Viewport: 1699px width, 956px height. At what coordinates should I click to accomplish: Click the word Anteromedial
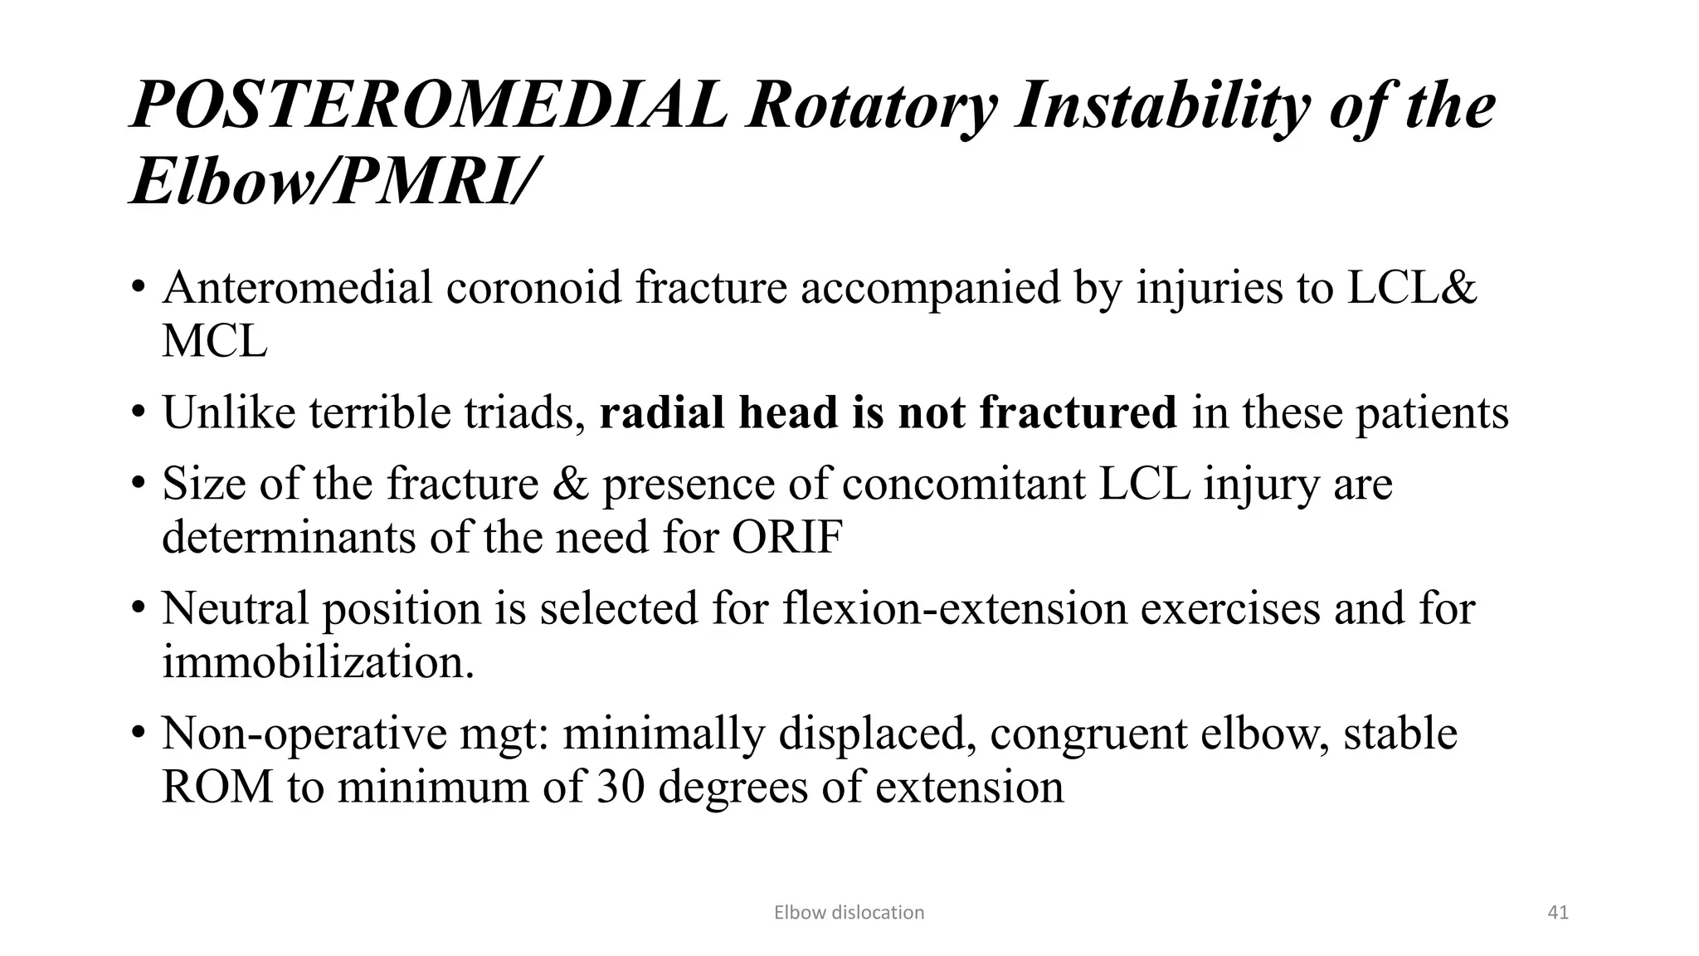point(297,288)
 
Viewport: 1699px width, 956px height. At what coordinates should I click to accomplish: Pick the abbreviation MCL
point(215,341)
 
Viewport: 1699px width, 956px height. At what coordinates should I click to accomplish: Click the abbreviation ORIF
point(787,538)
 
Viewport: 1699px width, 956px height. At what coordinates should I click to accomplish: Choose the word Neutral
point(235,608)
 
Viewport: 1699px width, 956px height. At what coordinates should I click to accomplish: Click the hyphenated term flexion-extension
point(955,608)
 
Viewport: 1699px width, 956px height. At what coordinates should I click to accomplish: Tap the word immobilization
point(318,662)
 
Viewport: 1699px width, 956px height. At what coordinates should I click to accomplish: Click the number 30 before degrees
point(621,787)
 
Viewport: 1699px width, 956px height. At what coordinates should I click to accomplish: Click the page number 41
point(1558,913)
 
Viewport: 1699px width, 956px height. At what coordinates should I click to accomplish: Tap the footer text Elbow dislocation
point(849,913)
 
